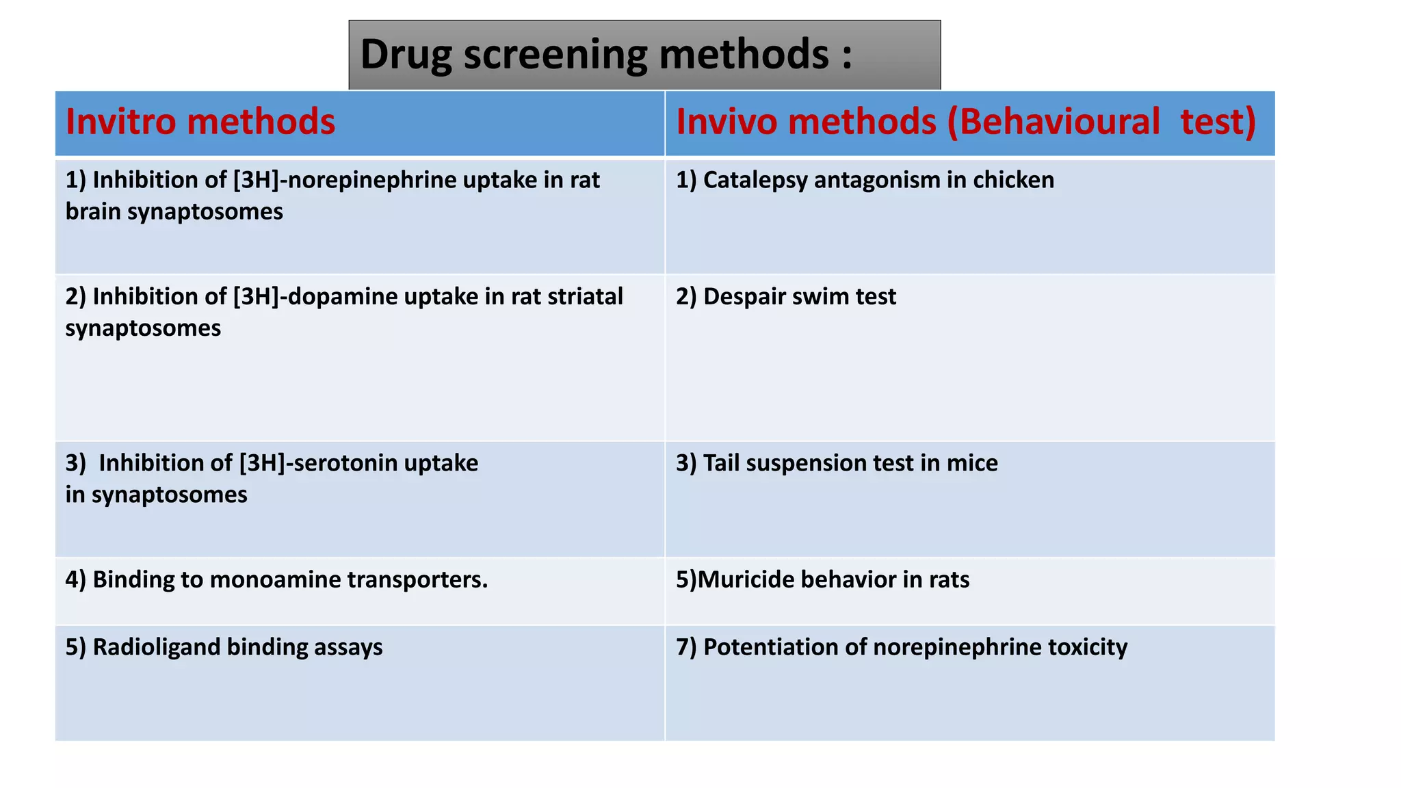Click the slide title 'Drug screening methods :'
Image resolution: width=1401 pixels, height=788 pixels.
click(606, 55)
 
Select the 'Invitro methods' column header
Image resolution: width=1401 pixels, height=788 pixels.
click(200, 122)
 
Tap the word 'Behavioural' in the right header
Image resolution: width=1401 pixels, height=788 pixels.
click(1060, 122)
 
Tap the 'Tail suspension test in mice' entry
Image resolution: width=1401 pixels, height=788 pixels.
click(837, 463)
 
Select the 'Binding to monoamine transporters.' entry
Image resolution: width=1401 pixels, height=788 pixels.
click(276, 579)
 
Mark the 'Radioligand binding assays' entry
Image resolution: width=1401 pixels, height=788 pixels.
click(224, 647)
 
